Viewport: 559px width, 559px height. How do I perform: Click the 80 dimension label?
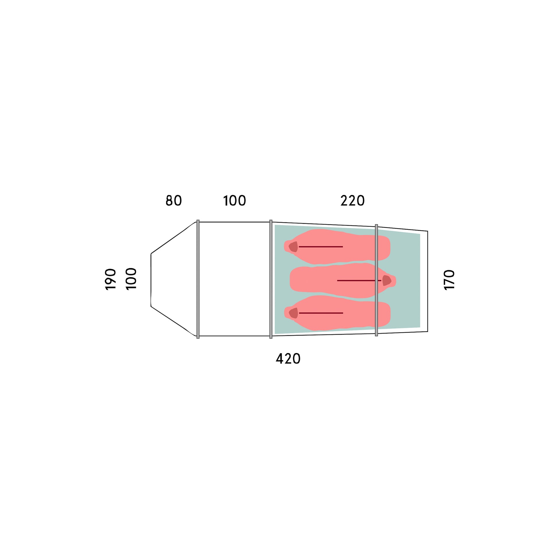[174, 201]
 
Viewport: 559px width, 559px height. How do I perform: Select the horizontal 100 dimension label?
[235, 201]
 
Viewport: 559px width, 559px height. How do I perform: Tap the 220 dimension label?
[352, 201]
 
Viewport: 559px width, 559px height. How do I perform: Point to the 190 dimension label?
[110, 279]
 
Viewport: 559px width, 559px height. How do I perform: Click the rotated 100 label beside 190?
[131, 279]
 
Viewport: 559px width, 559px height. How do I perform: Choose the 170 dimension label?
[449, 279]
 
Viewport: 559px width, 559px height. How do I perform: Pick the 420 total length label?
[288, 359]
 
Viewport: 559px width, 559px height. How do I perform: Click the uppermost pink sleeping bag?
[337, 246]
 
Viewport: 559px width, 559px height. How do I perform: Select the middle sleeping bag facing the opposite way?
[343, 280]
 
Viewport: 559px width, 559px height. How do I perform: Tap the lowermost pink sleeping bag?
[337, 313]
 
